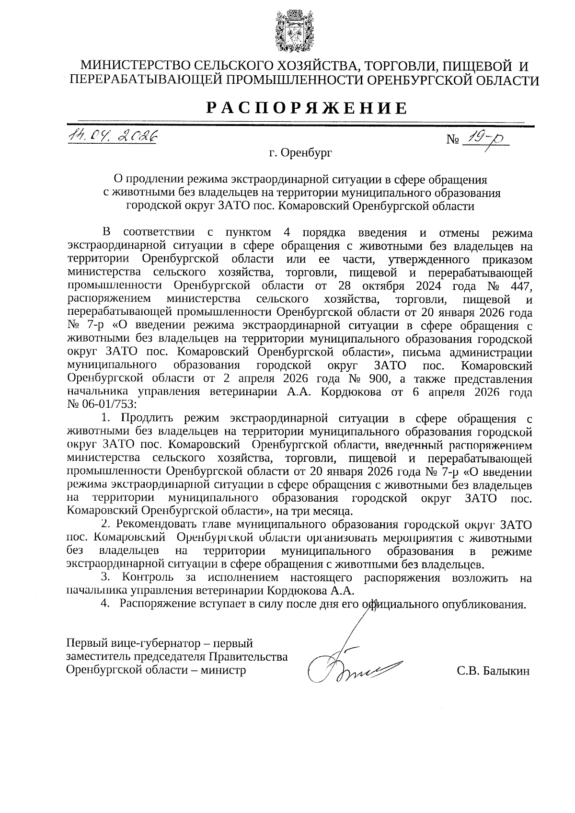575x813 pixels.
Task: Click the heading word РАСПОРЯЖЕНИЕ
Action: (307, 109)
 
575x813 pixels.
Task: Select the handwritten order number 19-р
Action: (484, 139)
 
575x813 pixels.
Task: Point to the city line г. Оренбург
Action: (300, 153)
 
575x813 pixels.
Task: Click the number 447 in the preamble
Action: (518, 286)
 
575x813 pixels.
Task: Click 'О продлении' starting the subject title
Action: (146, 180)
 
